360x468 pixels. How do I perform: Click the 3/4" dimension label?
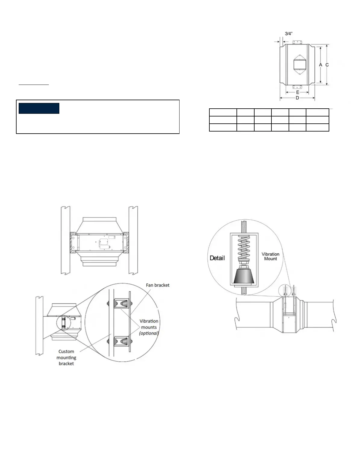289,34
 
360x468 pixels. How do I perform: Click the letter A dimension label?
321,65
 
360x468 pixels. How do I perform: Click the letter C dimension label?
327,65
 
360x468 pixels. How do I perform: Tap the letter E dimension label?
297,92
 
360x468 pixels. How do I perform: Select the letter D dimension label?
297,98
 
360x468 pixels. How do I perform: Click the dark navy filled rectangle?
39,108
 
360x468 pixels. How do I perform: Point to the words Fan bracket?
158,285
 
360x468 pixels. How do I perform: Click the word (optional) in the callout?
149,333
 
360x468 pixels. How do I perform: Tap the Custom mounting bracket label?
66,358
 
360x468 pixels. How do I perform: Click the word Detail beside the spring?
217,258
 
